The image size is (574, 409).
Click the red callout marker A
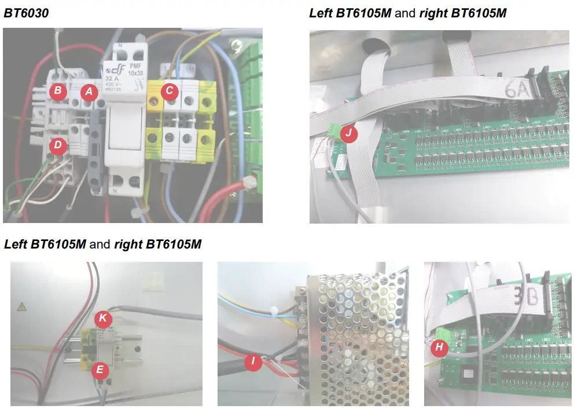coord(89,92)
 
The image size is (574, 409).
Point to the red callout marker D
coord(57,145)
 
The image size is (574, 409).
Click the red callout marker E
coord(100,369)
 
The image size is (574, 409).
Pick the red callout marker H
coord(439,348)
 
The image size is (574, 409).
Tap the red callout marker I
coord(253,363)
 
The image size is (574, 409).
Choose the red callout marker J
coord(348,134)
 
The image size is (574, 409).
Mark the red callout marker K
coord(104,318)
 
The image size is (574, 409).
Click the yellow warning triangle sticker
coord(23,306)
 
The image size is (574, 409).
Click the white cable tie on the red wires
coord(250,182)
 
